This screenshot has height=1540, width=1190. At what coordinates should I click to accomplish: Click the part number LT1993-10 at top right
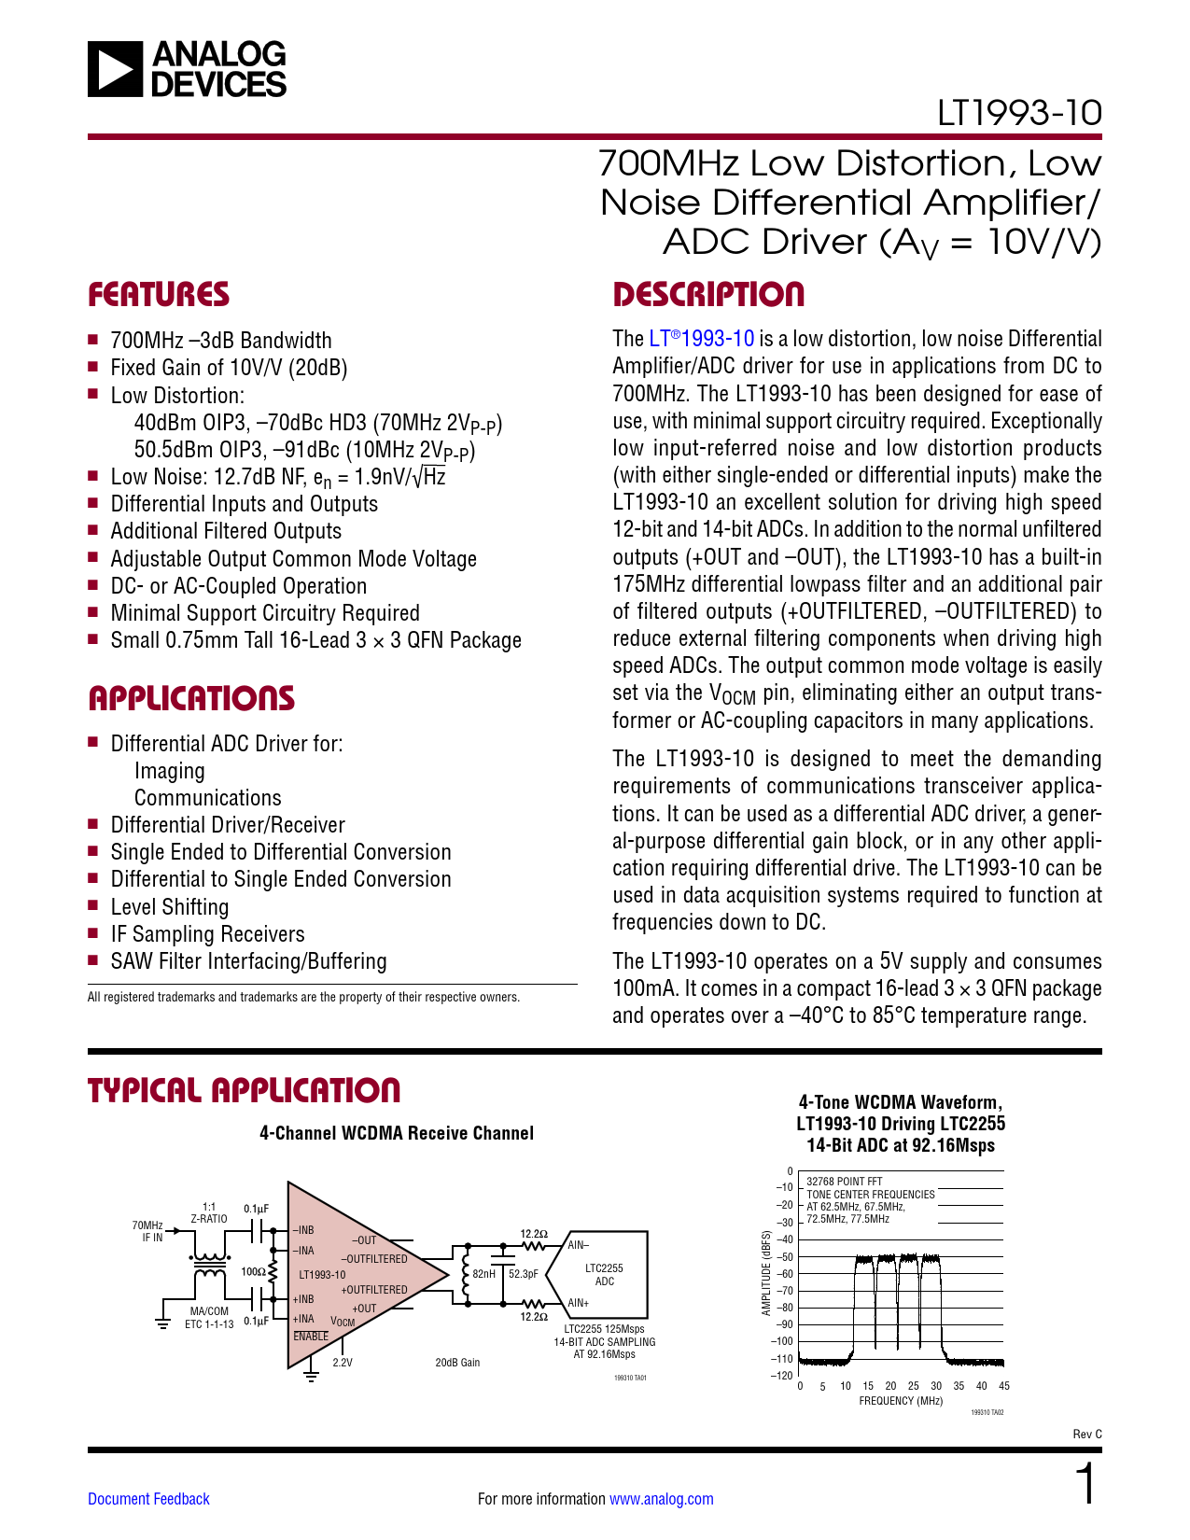pos(1019,113)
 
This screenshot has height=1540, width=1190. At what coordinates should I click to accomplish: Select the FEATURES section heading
pos(159,295)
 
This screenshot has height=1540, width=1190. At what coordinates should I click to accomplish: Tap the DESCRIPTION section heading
pos(708,295)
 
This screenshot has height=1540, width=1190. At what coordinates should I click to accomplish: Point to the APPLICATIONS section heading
pos(191,699)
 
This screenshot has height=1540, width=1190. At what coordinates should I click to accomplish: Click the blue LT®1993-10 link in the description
pos(702,339)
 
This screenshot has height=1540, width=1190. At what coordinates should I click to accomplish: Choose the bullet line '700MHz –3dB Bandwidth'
pos(221,341)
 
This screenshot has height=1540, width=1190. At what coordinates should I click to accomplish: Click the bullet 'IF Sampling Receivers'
pos(207,934)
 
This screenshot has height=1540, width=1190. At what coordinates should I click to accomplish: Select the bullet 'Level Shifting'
pos(170,907)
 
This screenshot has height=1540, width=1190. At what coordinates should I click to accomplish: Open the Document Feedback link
pos(148,1499)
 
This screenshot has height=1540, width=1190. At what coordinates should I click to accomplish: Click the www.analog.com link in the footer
pos(661,1499)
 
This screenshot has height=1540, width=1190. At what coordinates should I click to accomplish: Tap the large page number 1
pos(1086,1484)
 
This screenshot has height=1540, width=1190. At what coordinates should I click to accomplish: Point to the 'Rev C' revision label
pos(1087,1434)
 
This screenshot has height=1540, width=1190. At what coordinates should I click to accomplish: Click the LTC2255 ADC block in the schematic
pos(604,1275)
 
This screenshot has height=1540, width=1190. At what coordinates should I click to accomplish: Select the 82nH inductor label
pos(483,1273)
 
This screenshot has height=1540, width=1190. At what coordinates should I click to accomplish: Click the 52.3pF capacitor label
pos(523,1273)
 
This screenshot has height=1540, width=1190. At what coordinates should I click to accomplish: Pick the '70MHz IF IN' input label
pos(148,1231)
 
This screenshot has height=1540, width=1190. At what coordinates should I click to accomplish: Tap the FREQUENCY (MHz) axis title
pos(901,1401)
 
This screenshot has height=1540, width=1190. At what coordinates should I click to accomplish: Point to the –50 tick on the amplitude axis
pos(785,1257)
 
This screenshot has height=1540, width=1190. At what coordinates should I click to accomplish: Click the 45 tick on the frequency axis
pos(1004,1386)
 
